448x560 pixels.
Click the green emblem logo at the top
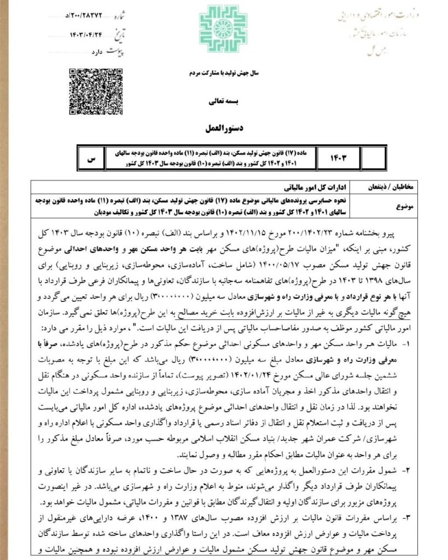[223, 29]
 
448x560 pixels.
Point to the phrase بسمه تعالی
[224, 102]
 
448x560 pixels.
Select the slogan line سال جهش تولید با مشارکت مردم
[224, 73]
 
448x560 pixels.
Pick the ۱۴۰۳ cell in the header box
[339, 158]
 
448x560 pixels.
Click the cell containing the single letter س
[92, 158]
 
